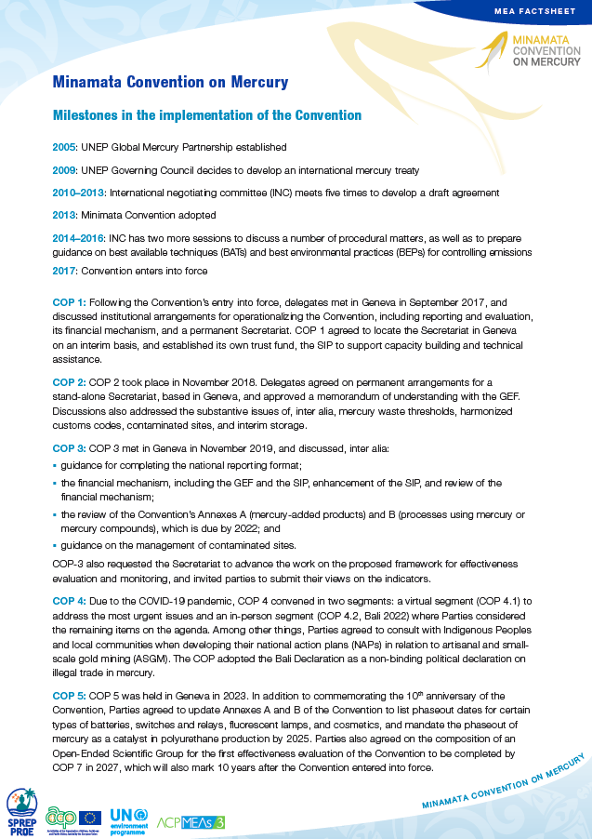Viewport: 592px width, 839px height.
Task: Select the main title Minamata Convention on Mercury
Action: coord(170,82)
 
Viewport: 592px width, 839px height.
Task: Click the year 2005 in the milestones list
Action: coord(64,147)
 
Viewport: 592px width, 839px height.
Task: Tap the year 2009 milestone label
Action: coord(64,170)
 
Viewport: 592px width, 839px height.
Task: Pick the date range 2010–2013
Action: coord(79,193)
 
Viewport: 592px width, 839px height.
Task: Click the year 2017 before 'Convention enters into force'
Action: coord(64,272)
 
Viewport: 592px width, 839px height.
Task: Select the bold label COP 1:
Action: coord(70,302)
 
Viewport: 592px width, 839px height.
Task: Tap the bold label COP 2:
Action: coord(70,382)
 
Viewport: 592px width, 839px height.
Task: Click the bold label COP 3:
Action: coord(70,449)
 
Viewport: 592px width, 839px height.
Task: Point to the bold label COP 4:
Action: coord(70,601)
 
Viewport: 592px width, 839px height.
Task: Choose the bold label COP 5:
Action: coord(70,696)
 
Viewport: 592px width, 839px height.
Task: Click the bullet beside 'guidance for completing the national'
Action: coord(55,465)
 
